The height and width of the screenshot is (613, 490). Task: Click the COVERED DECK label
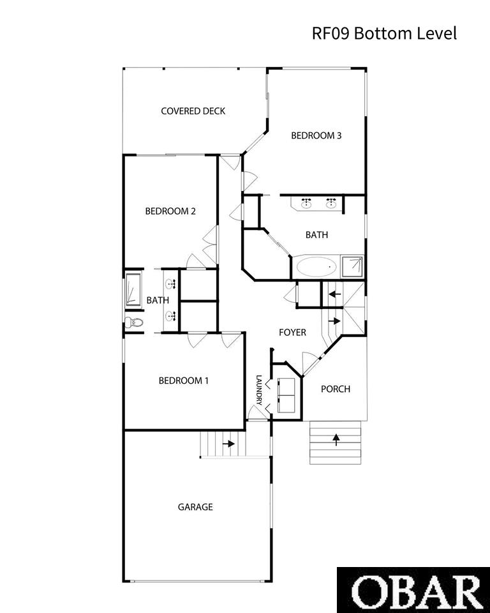[x=193, y=111]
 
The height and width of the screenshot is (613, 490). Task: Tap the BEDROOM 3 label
[x=316, y=135]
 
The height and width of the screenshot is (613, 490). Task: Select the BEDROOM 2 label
[x=170, y=211]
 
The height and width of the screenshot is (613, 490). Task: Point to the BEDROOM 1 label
[x=184, y=381]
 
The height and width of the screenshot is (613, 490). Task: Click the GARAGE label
[x=195, y=507]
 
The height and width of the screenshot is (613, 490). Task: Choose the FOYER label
[x=292, y=332]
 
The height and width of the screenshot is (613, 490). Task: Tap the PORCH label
[x=335, y=389]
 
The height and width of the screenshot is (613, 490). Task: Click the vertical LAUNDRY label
[x=258, y=390]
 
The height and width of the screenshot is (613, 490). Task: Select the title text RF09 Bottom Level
[x=384, y=33]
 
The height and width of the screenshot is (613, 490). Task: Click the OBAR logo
[x=413, y=590]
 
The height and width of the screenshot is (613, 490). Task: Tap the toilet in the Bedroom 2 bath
[x=134, y=323]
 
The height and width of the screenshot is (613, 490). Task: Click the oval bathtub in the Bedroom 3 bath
[x=316, y=268]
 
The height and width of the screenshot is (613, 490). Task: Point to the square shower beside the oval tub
[x=352, y=267]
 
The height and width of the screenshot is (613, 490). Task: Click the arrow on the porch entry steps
[x=336, y=440]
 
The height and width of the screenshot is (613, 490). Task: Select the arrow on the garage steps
[x=228, y=444]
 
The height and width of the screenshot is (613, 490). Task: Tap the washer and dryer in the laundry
[x=286, y=395]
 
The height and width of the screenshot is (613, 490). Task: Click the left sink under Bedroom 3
[x=306, y=203]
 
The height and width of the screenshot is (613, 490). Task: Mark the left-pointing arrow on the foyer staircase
[x=334, y=294]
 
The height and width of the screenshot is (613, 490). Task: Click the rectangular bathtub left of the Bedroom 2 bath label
[x=133, y=289]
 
